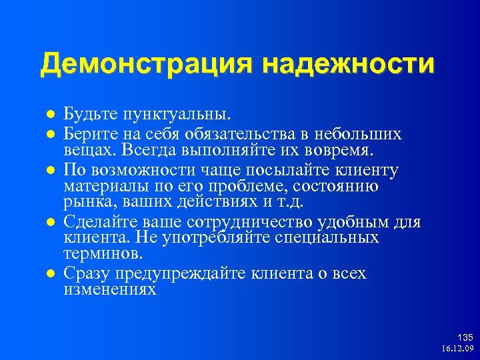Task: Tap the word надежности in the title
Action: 349,65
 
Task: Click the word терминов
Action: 102,254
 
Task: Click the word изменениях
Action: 110,290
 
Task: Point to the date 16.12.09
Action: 457,349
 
